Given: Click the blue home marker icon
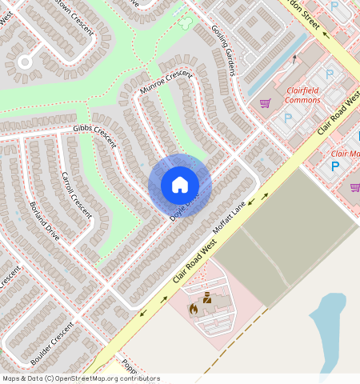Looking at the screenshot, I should click(180, 185).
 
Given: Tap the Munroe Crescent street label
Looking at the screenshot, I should click(166, 82).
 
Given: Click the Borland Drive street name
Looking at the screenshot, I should click(44, 222).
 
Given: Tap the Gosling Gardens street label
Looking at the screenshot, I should click(224, 50).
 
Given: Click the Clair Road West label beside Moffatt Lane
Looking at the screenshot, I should click(195, 263).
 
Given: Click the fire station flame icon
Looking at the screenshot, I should click(193, 308).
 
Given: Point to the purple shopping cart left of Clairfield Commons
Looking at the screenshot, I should click(265, 102).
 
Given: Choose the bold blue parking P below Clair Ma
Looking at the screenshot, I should click(336, 166).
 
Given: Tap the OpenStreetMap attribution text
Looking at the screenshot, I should click(81, 378).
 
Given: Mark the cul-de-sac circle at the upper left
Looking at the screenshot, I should click(25, 61).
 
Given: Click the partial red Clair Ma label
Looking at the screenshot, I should click(345, 153).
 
